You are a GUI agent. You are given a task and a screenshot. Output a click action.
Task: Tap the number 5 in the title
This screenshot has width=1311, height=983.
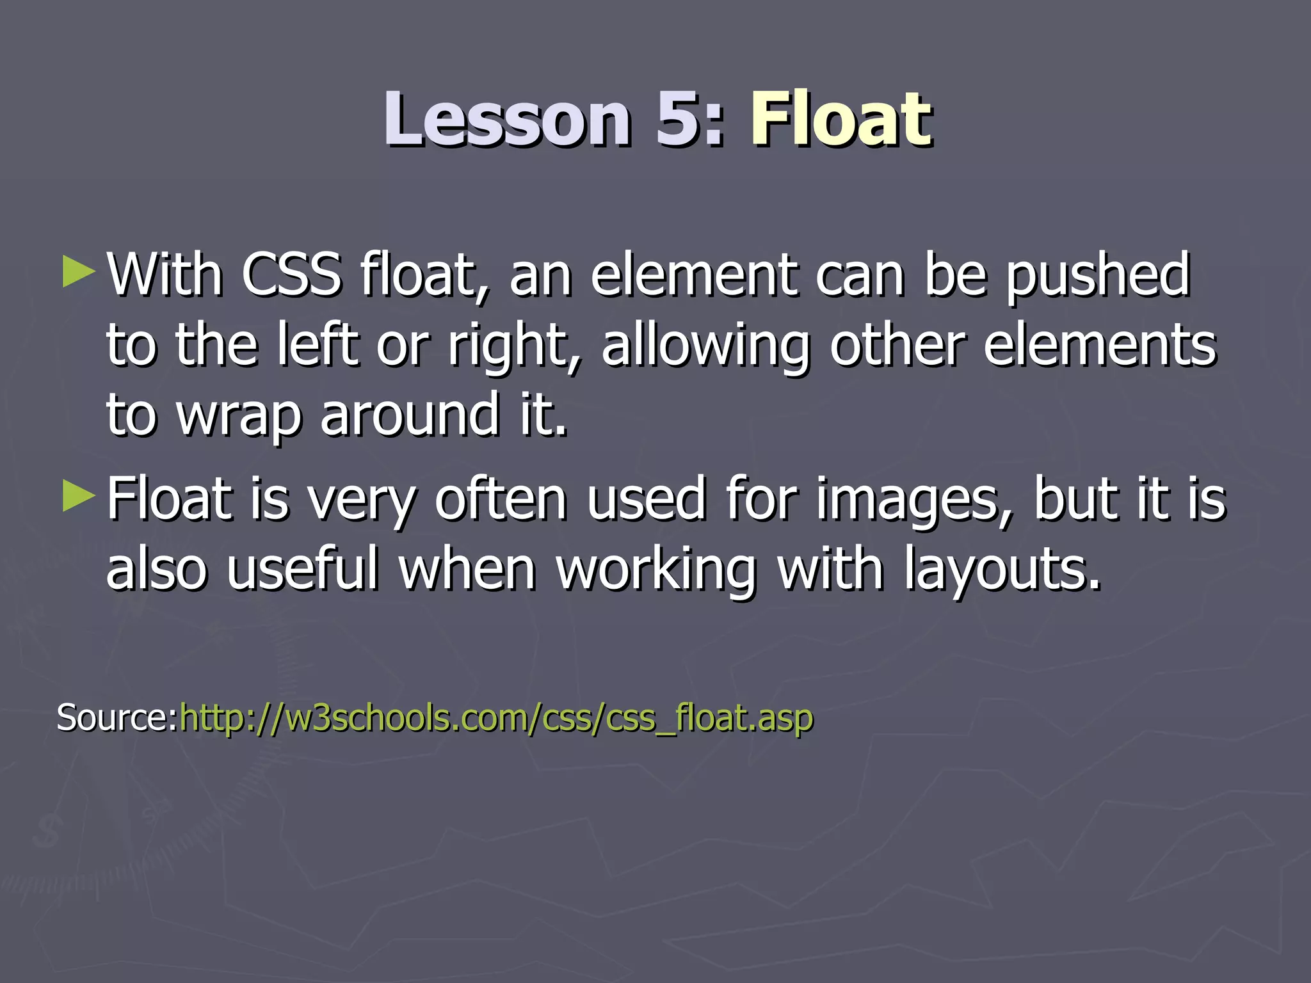coord(682,120)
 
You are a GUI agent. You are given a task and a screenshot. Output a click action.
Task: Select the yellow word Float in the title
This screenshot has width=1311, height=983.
coord(841,120)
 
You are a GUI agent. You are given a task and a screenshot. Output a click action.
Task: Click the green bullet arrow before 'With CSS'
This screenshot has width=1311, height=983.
coord(79,272)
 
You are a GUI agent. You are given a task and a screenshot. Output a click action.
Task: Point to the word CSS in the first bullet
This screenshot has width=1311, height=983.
coord(291,275)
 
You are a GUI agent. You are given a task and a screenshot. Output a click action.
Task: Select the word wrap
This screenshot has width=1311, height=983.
coord(238,416)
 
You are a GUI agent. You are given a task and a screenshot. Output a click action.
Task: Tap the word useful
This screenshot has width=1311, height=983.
coord(302,569)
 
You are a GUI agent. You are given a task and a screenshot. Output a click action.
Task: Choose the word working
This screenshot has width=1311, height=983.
coord(657,570)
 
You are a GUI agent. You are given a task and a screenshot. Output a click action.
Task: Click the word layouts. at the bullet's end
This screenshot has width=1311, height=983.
coord(1002,570)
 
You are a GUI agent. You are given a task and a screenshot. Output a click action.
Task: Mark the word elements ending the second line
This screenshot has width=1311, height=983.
coord(1098,346)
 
